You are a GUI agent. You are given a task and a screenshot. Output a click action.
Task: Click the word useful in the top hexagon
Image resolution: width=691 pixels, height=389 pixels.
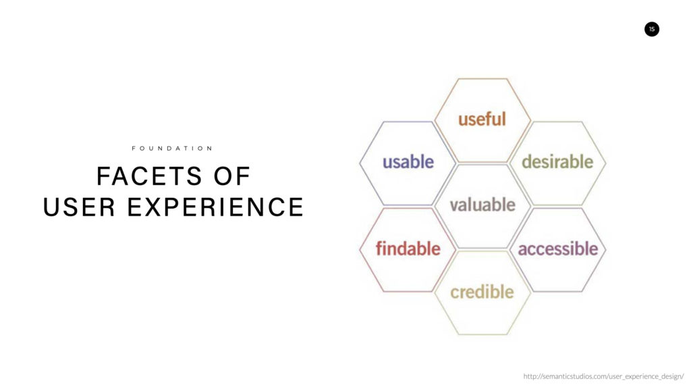coord(482,119)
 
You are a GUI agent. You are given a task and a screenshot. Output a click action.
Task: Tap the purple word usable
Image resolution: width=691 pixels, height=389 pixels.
coord(408,162)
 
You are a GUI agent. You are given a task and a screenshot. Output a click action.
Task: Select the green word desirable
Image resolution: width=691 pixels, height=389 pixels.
coord(557,162)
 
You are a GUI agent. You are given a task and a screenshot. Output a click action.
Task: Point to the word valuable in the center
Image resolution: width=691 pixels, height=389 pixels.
coord(482,205)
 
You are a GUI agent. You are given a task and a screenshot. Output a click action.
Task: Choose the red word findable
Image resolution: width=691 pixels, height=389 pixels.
coord(408,249)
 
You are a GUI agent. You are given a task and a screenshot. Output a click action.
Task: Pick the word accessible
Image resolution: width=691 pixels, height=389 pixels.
coord(558,249)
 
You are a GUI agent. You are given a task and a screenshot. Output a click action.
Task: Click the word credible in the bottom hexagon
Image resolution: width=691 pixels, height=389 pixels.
coord(482,292)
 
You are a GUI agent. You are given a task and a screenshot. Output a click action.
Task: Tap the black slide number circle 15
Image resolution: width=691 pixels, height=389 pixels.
coord(652,29)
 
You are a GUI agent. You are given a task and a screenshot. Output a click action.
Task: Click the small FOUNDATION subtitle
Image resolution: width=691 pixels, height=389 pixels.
coord(172,148)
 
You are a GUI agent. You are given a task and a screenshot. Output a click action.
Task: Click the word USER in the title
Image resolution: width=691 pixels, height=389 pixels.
coord(80,207)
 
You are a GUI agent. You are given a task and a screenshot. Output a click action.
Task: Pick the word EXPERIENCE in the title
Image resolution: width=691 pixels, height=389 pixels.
coord(215,207)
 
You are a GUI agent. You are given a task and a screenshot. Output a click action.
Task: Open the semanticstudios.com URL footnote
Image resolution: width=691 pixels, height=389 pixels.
coord(604,376)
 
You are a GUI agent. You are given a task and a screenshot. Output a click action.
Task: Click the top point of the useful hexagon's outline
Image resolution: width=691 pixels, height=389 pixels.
coord(482,78)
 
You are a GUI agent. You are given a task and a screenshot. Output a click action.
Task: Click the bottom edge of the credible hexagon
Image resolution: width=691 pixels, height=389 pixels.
coord(482,334)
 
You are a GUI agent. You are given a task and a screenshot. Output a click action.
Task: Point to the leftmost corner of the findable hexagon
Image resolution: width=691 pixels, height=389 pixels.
coord(360,250)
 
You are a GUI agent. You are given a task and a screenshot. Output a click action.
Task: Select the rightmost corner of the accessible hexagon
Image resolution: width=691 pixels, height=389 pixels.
coord(606,250)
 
